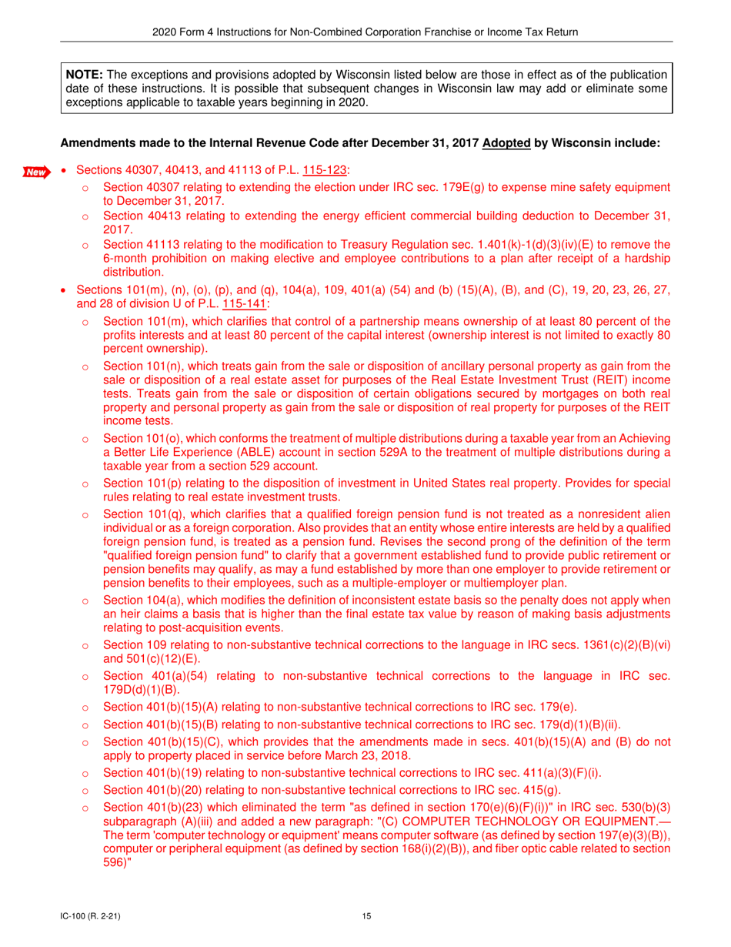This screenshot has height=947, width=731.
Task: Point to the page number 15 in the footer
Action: tap(365, 915)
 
